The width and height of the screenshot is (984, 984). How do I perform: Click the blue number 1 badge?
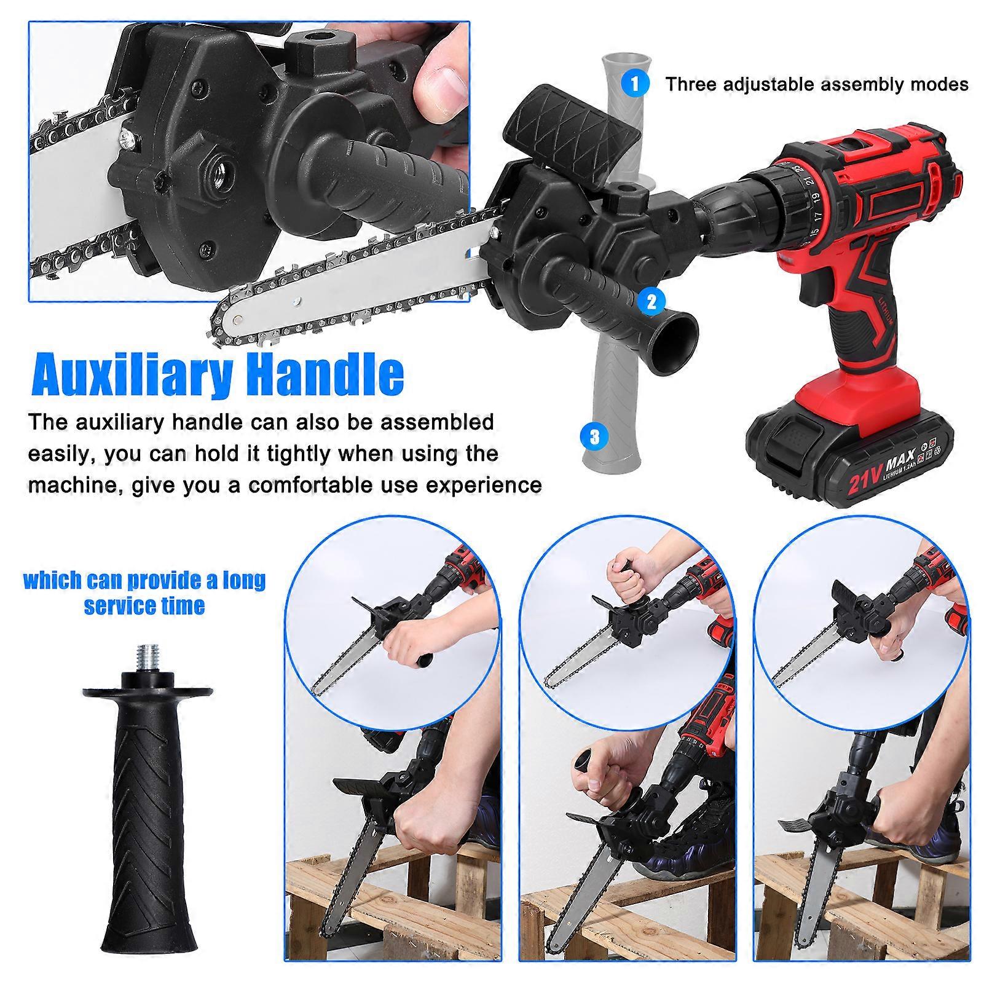[635, 83]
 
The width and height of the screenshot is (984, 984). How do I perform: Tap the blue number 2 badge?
[651, 301]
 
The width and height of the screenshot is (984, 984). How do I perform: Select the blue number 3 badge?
[594, 437]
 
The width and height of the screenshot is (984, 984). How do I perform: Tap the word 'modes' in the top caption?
[939, 84]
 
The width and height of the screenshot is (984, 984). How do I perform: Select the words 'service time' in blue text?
[144, 606]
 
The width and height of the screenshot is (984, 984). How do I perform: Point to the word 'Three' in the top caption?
[691, 84]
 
